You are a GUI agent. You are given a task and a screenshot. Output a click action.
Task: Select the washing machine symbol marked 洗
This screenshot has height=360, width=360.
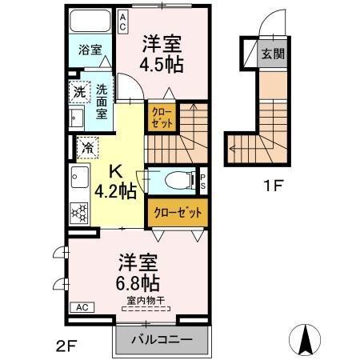coord(79,92)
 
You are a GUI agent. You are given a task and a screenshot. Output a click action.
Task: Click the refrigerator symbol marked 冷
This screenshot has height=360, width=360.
coord(86,146)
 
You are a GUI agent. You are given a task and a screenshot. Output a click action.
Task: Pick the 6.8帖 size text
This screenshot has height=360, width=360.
coord(138,282)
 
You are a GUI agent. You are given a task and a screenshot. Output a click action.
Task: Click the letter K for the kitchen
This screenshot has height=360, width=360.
coord(114,170)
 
